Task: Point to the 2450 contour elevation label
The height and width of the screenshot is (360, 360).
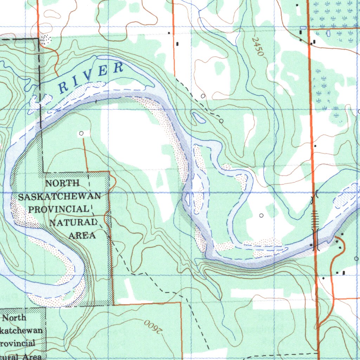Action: click(x=258, y=47)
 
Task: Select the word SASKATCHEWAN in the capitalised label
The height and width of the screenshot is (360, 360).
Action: click(x=60, y=197)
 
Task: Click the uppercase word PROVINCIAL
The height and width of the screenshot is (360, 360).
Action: click(x=59, y=209)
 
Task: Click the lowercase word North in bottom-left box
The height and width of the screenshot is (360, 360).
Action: click(x=14, y=318)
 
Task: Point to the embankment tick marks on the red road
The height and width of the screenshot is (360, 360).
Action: click(x=314, y=218)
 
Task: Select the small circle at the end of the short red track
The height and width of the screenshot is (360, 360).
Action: click(x=82, y=133)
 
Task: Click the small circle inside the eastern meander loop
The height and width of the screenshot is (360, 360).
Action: click(x=261, y=215)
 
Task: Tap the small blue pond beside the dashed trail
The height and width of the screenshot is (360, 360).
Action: click(x=198, y=117)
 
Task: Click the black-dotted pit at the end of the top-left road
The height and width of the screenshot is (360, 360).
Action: click(x=45, y=39)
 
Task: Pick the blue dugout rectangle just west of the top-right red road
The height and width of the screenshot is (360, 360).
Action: click(x=303, y=27)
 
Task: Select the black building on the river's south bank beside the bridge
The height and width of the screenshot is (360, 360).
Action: click(x=311, y=245)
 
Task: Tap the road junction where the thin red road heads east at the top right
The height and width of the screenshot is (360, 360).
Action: click(x=309, y=29)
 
